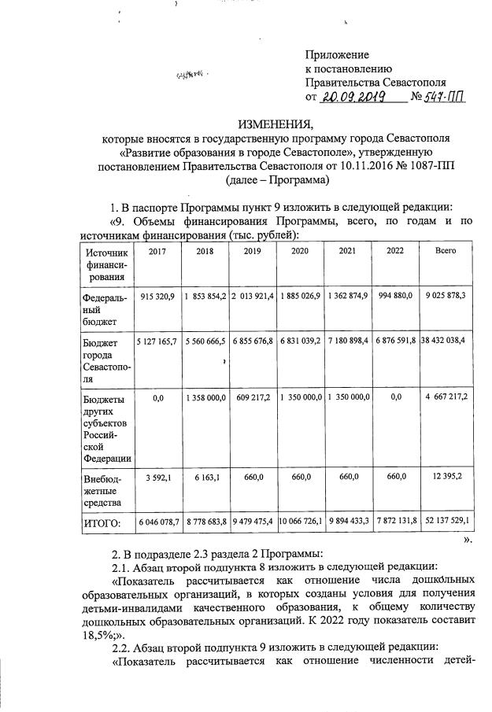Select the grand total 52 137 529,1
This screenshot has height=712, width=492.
tap(446, 522)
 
